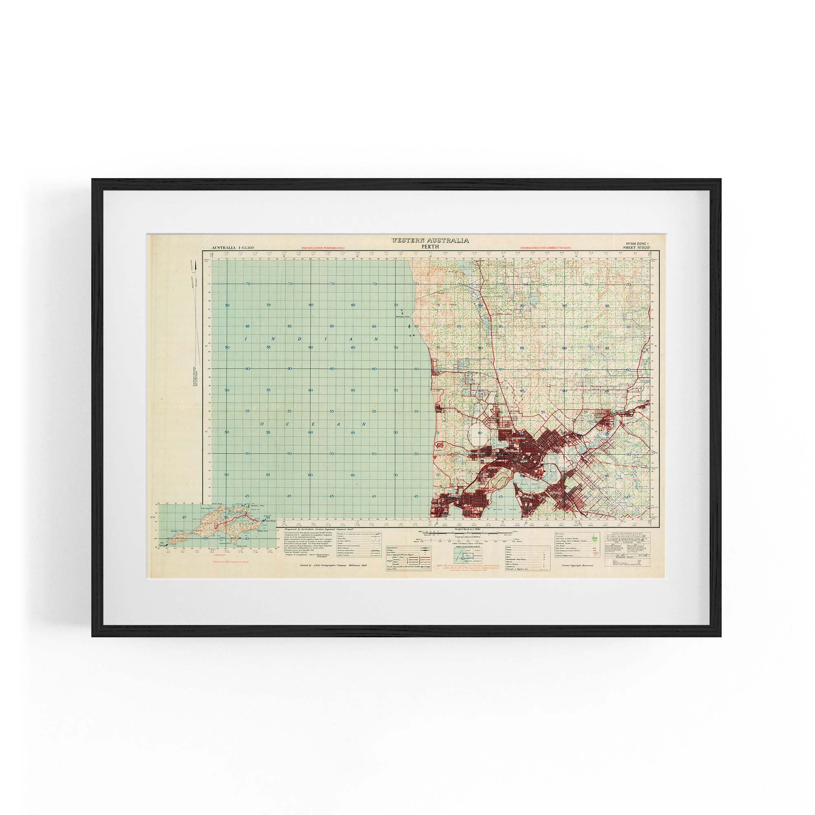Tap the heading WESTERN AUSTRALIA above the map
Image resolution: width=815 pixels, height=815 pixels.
430,240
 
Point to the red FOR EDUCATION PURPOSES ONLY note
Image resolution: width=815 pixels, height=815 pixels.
323,248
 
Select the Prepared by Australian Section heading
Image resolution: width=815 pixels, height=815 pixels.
323,529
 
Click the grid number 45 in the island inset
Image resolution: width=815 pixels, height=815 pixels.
184,517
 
